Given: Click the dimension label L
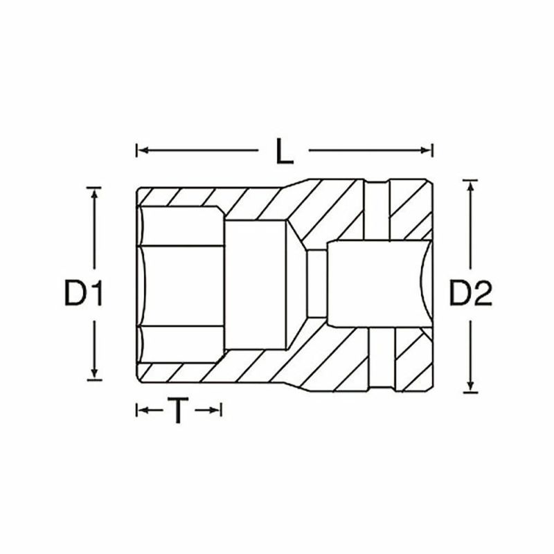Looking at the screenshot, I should [284, 150].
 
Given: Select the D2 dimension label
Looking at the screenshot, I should [470, 294].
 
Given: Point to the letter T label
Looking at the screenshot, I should [179, 411].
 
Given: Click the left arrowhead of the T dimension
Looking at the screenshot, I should [139, 411].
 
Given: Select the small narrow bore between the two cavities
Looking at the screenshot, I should [315, 284].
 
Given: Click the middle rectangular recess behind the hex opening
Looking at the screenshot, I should [256, 284].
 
